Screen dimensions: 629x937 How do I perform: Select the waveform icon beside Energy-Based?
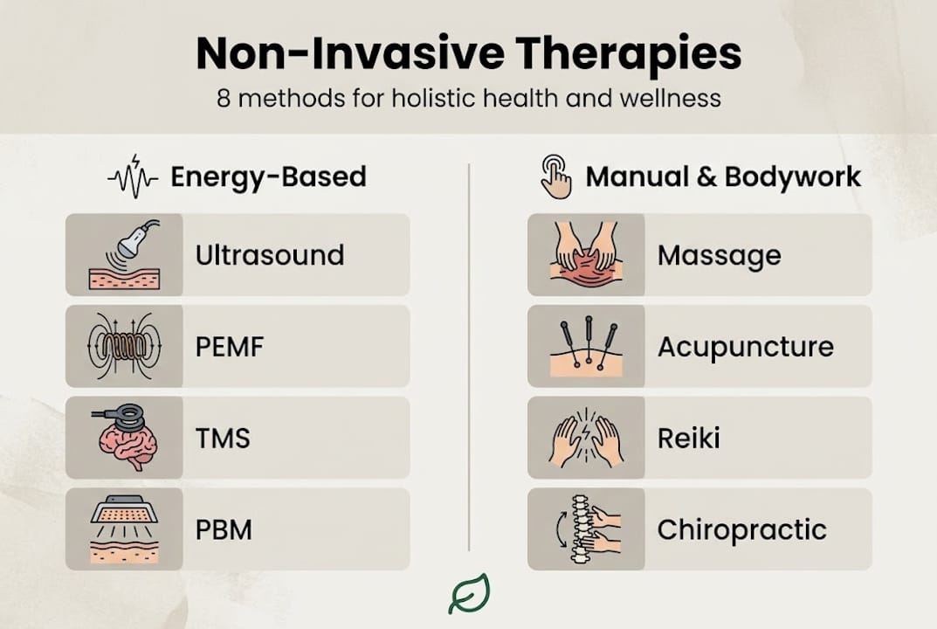(133, 176)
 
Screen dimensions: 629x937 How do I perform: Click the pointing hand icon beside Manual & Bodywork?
(555, 176)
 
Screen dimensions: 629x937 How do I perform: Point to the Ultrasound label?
(269, 255)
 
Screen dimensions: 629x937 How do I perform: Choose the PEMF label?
(230, 347)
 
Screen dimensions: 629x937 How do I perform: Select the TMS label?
(223, 438)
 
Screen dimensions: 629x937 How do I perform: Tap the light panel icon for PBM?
(125, 529)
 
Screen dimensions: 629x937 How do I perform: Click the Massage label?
(719, 255)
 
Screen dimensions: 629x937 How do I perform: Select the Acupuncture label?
(745, 347)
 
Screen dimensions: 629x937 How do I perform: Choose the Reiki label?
(688, 438)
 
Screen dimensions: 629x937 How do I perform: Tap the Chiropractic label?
(741, 529)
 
